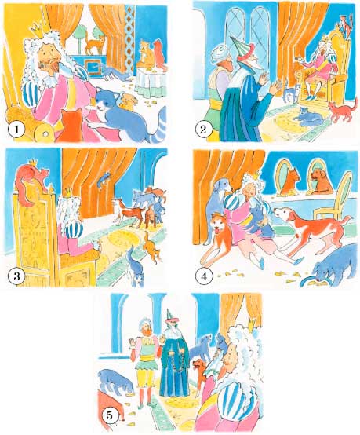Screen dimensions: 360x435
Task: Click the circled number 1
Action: (16, 130)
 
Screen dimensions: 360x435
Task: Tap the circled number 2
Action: (203, 130)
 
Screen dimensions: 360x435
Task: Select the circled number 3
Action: (16, 276)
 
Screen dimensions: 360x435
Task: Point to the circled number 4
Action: (204, 276)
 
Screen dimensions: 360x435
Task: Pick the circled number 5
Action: (109, 415)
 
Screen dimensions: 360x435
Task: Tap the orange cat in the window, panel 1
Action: (95, 45)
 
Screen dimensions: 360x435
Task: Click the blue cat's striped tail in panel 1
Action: (157, 126)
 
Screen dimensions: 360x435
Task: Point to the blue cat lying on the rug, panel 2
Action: (308, 117)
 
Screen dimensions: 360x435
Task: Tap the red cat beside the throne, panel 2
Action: (343, 109)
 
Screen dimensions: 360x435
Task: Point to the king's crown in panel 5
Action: (252, 324)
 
